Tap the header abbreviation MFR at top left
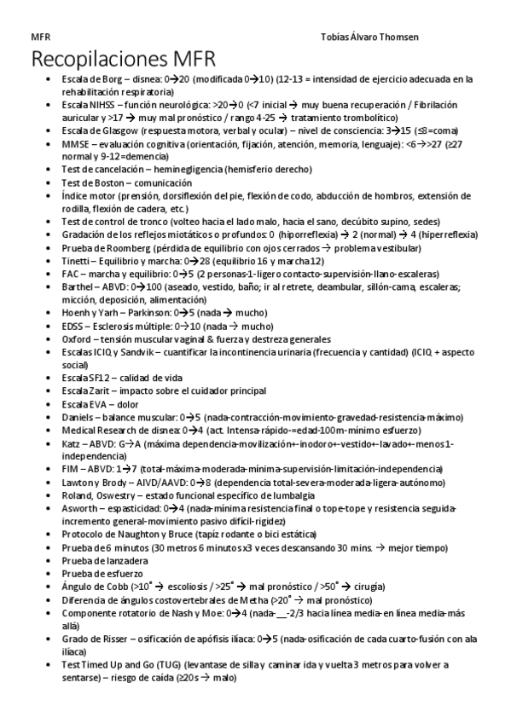(39, 38)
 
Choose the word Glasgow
(109, 130)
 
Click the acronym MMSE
(74, 144)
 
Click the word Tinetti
(74, 261)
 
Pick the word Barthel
(76, 286)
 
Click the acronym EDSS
(73, 326)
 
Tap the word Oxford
(75, 338)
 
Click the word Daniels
(77, 417)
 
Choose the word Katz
(71, 443)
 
